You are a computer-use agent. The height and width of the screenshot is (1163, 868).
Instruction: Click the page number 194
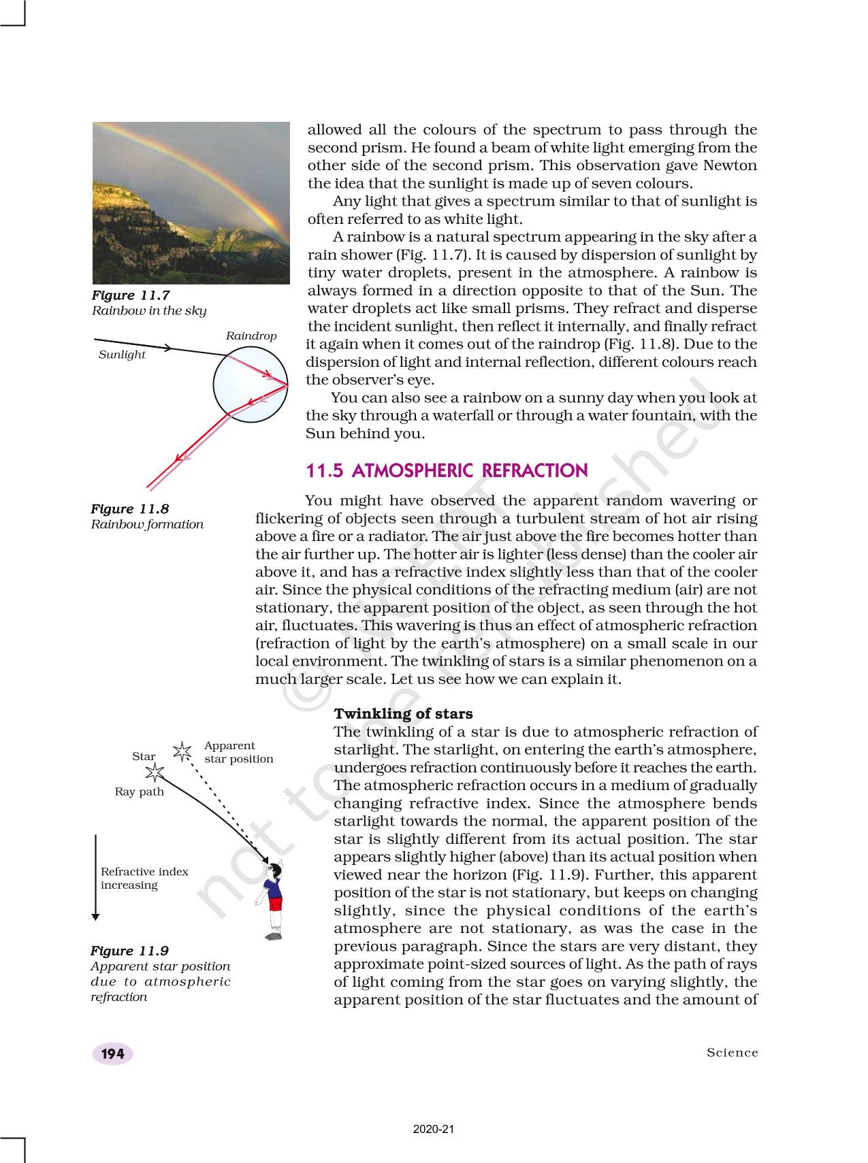[112, 1053]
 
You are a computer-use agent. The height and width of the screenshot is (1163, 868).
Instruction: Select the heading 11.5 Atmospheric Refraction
[447, 471]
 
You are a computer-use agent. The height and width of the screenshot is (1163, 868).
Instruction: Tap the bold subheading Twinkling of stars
[403, 714]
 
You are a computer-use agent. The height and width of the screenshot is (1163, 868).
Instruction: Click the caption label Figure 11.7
[131, 295]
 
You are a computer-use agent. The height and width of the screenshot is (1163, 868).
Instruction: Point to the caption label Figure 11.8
[130, 509]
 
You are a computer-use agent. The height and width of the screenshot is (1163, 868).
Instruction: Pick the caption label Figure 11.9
[130, 951]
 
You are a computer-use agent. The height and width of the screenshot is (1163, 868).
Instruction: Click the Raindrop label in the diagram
[251, 336]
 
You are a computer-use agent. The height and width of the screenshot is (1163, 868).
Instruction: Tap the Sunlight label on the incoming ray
[122, 355]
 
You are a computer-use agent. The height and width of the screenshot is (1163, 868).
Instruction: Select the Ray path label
[139, 791]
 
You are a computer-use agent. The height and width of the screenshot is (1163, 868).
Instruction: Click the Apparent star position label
[238, 752]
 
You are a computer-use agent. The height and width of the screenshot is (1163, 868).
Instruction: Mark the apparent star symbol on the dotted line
[182, 751]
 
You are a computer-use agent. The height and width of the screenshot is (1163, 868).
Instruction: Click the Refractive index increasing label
[144, 878]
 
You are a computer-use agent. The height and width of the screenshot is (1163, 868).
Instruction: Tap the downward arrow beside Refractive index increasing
[95, 877]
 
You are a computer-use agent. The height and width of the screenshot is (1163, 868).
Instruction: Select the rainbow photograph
[191, 203]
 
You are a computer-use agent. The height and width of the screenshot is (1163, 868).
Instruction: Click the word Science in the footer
[732, 1053]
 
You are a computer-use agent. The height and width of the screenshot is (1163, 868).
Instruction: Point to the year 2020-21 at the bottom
[434, 1129]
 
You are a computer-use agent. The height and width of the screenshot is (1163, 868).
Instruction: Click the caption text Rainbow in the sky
[148, 311]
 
